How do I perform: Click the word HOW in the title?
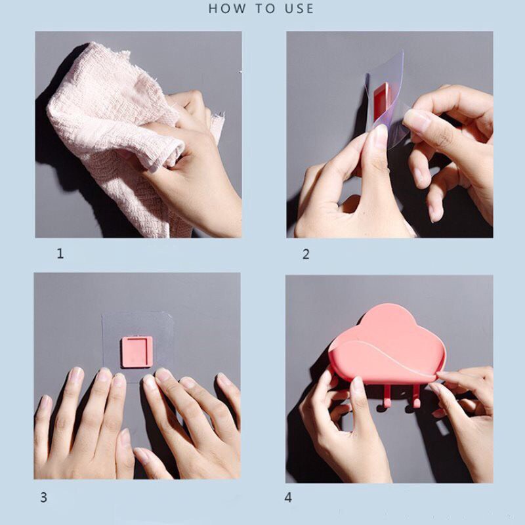coord(226,9)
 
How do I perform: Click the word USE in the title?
coord(299,9)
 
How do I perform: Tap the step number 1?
coord(60,253)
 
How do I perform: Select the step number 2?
coord(306,255)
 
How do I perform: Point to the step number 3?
coord(44,497)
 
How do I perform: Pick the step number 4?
coord(288,497)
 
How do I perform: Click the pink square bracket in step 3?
coord(137,352)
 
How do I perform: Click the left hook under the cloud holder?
coord(385,398)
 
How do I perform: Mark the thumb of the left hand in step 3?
coord(125,452)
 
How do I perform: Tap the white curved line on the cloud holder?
coord(385,357)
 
